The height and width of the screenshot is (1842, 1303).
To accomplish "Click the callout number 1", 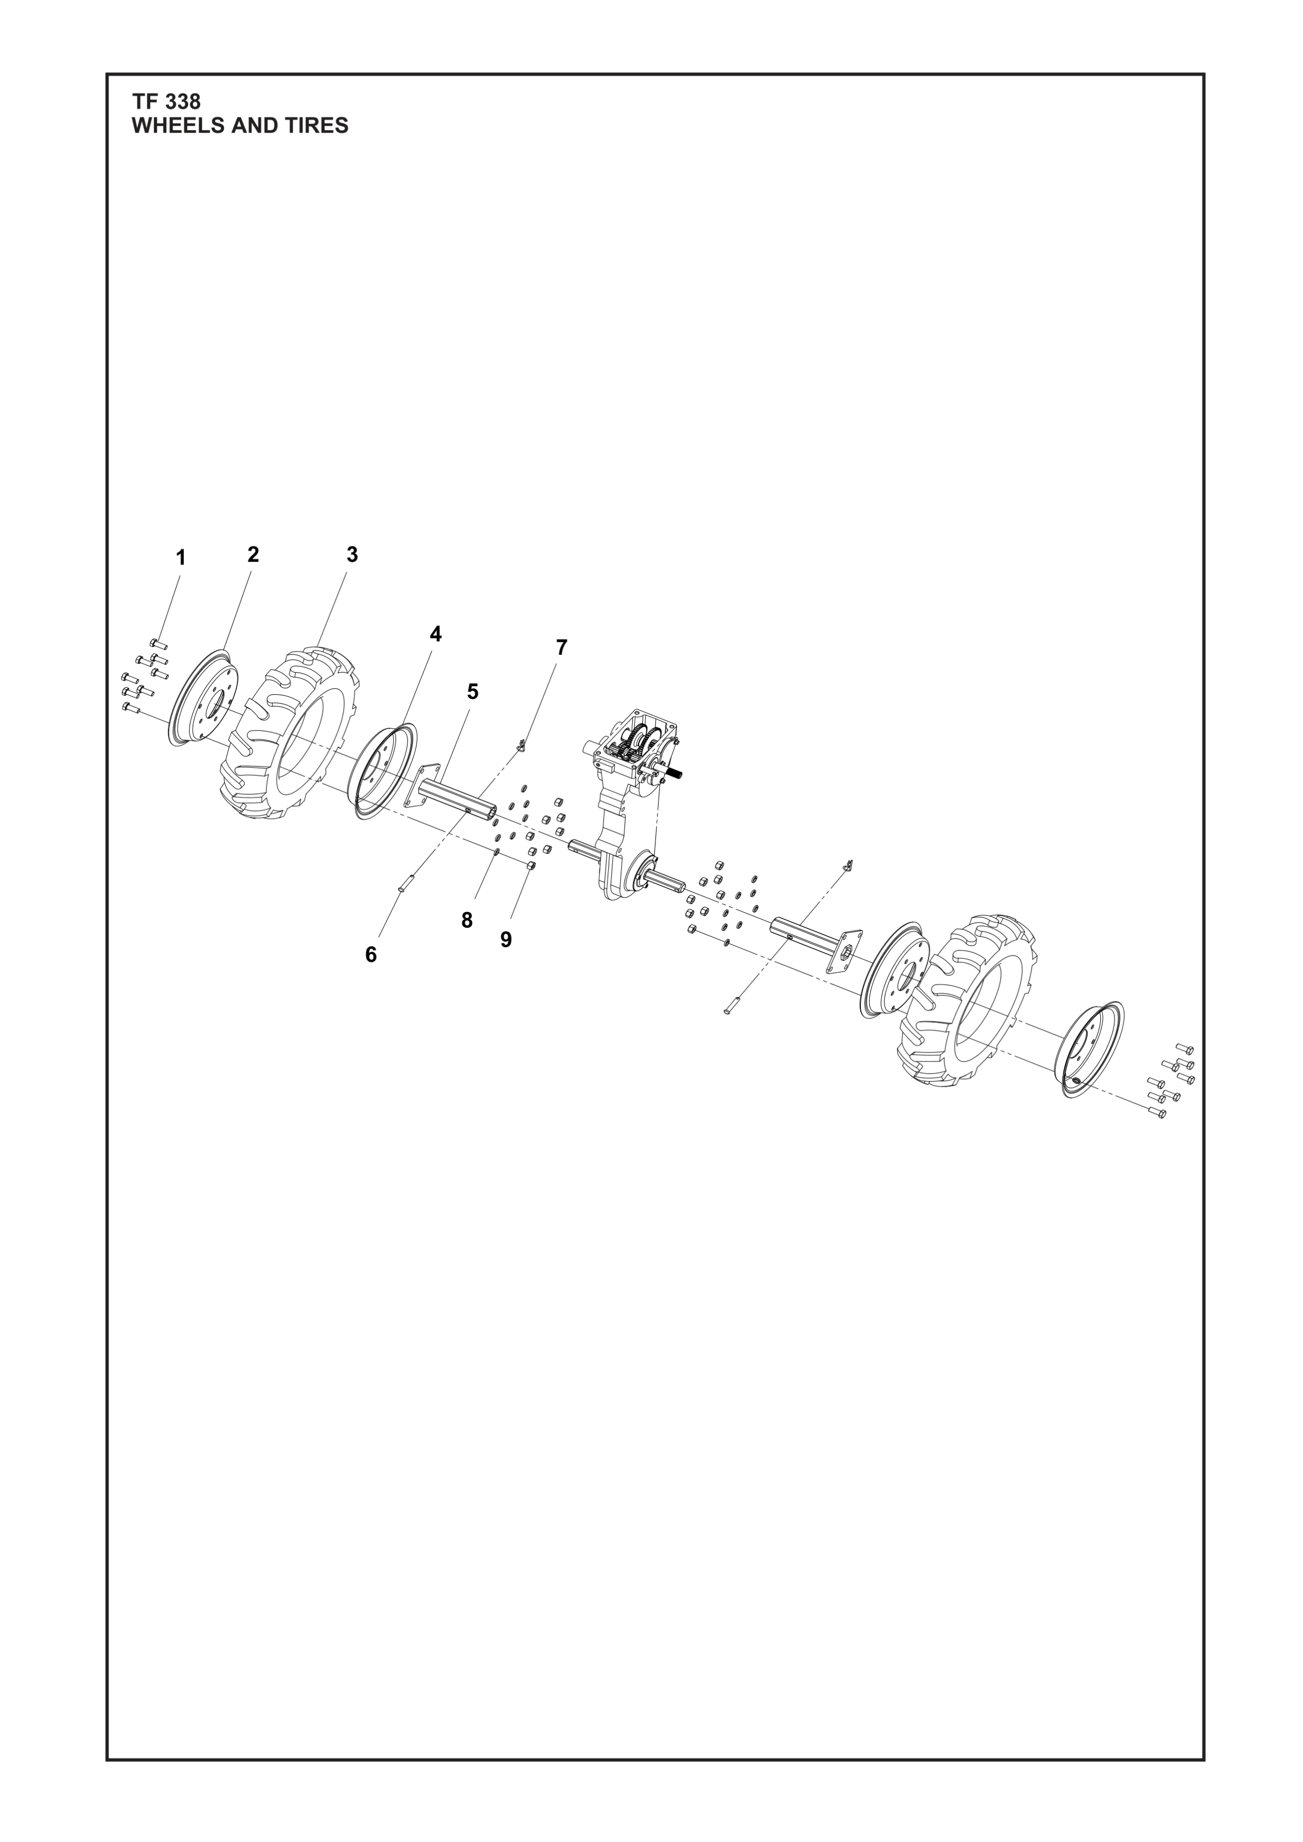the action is [x=181, y=557].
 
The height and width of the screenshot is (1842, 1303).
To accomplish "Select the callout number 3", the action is [x=352, y=554].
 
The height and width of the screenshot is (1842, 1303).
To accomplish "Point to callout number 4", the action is [x=435, y=634].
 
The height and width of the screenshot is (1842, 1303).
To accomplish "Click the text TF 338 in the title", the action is [x=166, y=102].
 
